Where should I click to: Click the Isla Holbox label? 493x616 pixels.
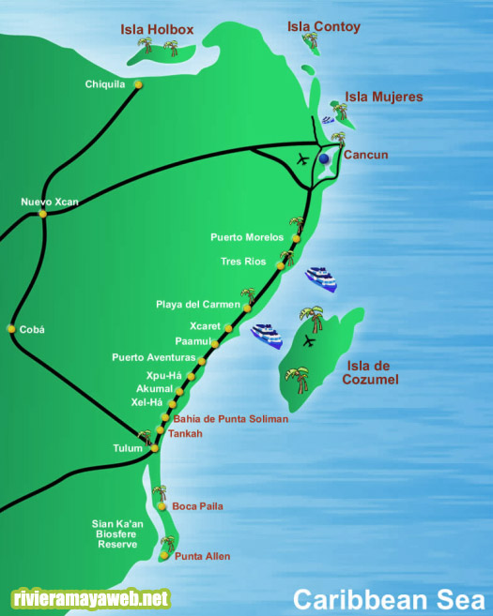(x=157, y=30)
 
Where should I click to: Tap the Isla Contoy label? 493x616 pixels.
(x=323, y=27)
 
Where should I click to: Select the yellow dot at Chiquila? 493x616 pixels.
(x=138, y=84)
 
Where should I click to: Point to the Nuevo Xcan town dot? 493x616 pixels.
(x=43, y=214)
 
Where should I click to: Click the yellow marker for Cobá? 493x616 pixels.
(x=11, y=329)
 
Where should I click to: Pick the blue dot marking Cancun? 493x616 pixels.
(x=324, y=159)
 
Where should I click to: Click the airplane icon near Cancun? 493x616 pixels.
(x=302, y=158)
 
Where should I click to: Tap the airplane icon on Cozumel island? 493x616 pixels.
(x=310, y=343)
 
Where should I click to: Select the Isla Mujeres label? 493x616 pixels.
(x=383, y=97)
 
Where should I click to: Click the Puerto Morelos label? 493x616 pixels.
(x=247, y=237)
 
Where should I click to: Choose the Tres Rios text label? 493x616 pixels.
(x=243, y=262)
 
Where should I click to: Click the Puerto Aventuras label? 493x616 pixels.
(x=153, y=357)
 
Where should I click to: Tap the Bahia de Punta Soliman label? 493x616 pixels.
(x=230, y=419)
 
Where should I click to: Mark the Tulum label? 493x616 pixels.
(x=128, y=448)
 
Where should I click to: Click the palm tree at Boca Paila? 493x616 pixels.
(x=160, y=494)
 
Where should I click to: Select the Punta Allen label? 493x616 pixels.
(x=202, y=557)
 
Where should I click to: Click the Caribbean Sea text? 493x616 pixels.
(x=388, y=598)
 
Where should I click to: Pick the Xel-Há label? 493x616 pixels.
(x=147, y=402)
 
